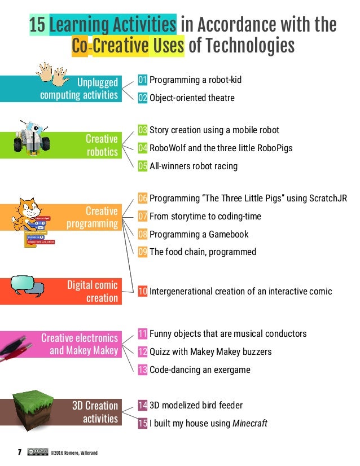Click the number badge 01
coord(143,80)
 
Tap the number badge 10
coord(143,291)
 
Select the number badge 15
coord(143,423)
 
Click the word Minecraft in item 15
coord(250,423)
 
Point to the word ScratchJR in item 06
coord(327,198)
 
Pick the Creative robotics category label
coord(102,145)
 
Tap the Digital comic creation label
coord(93,291)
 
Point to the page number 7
coord(19,452)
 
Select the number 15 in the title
coord(37,25)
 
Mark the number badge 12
coord(143,351)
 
